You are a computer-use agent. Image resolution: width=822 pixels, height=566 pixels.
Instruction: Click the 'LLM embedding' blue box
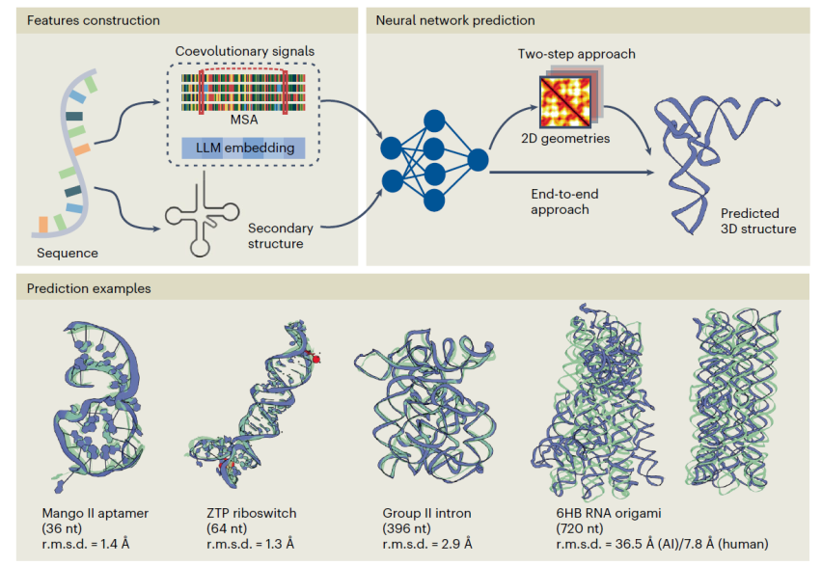[x=243, y=148]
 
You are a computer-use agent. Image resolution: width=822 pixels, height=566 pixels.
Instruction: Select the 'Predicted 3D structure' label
[x=757, y=221]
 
